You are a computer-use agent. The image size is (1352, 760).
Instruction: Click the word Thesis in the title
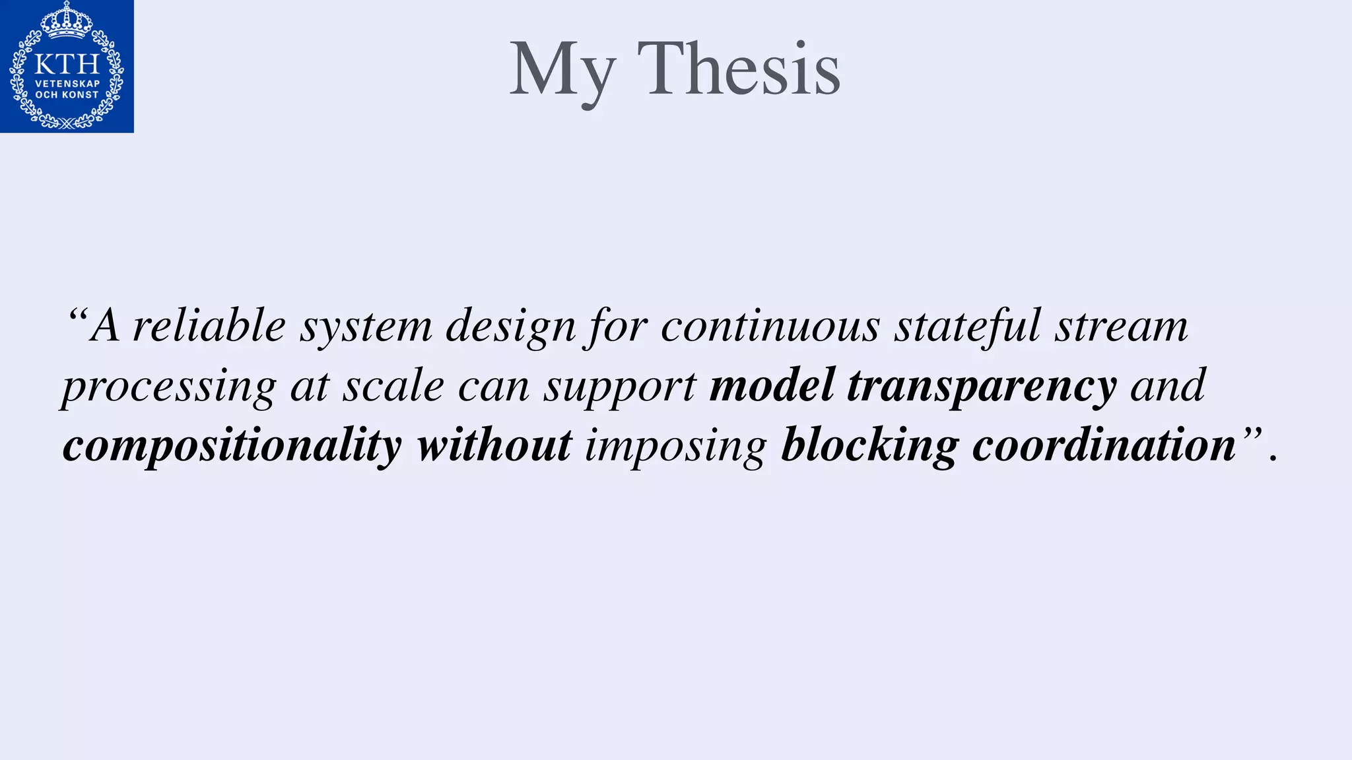(739, 69)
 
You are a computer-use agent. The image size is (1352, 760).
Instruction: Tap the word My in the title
(562, 71)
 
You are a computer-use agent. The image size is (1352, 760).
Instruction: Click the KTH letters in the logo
(67, 64)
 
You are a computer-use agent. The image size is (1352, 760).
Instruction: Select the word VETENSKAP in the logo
(67, 84)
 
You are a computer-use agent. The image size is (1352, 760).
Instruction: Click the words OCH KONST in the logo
(67, 95)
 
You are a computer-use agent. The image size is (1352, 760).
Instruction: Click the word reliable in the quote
(209, 325)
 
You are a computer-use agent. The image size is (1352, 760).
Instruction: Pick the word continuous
(770, 325)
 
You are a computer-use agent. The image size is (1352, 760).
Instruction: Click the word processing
(169, 387)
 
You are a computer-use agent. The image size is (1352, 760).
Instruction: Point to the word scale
(393, 386)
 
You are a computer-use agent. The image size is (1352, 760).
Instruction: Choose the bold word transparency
(982, 387)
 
